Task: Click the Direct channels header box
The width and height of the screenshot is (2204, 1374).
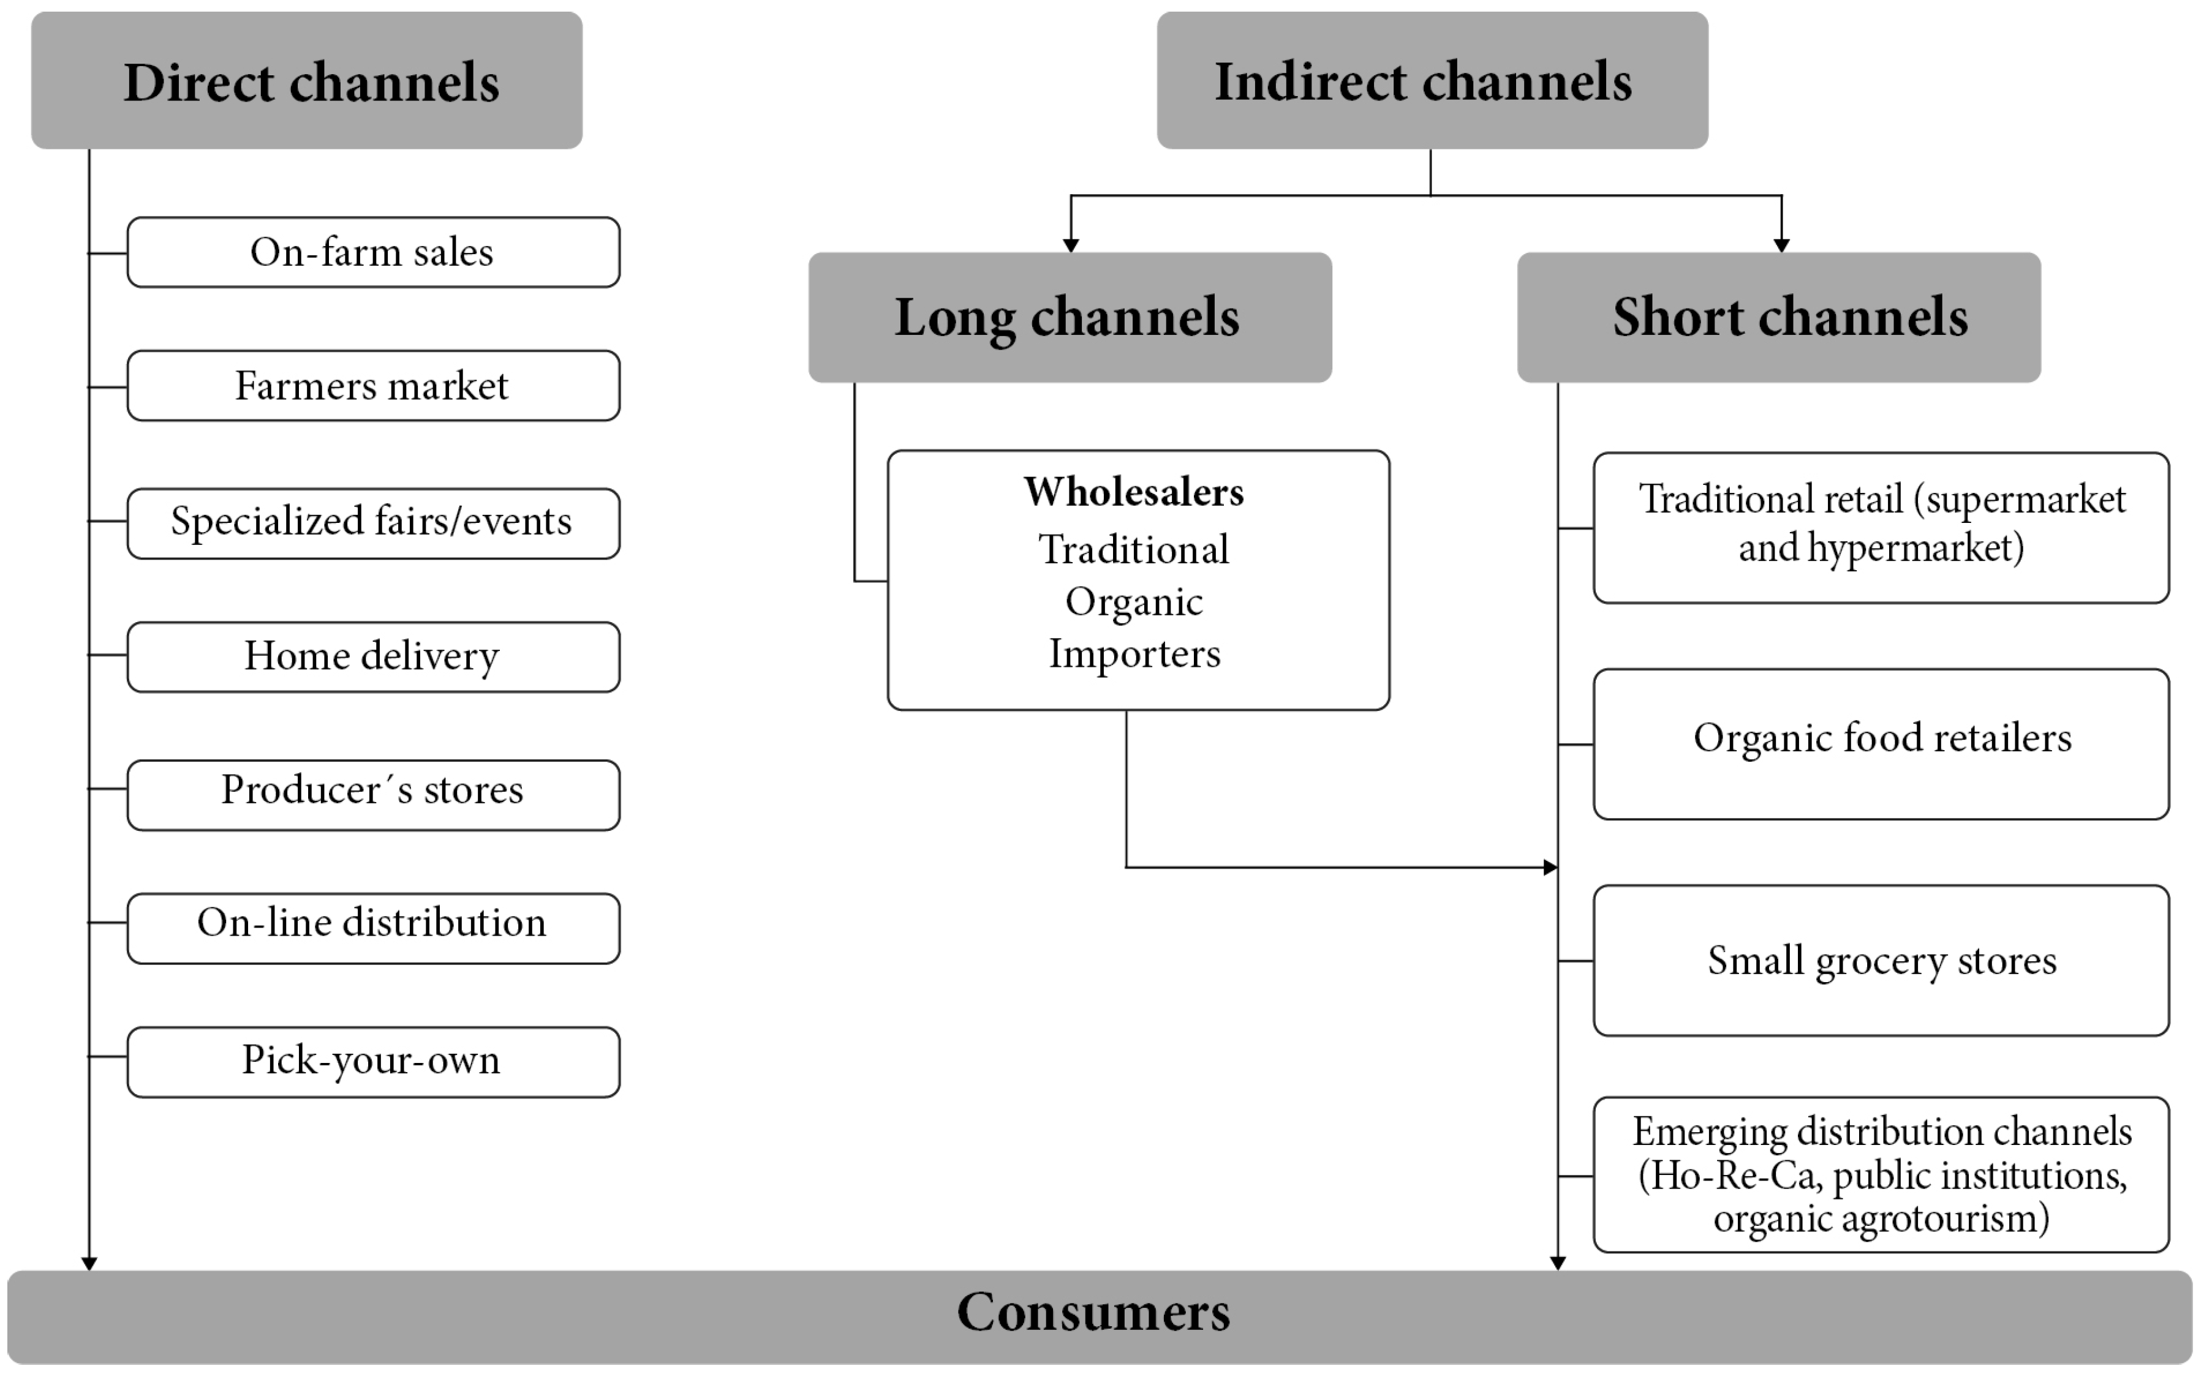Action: [306, 80]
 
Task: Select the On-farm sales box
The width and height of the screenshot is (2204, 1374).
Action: [372, 253]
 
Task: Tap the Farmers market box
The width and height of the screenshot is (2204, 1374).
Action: [372, 386]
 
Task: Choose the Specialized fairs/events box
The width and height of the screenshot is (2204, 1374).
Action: [372, 522]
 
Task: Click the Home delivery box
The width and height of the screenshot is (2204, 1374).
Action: [372, 656]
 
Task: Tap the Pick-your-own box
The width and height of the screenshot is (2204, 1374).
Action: [372, 1061]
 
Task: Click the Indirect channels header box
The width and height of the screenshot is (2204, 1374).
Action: [1432, 80]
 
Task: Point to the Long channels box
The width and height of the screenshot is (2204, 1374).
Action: [1070, 317]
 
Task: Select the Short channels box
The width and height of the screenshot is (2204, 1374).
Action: [1779, 317]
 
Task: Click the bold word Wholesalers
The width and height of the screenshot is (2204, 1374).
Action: [1133, 492]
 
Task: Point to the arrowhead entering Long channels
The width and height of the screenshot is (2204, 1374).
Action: [1071, 246]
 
